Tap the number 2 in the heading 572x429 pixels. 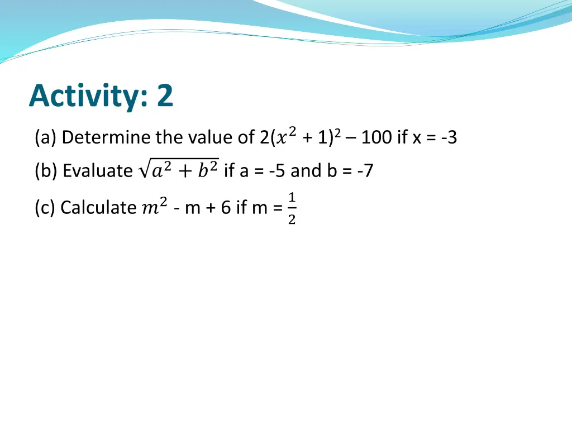[x=165, y=96]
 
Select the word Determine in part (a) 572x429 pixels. [x=106, y=137]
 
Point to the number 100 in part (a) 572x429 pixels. [x=377, y=137]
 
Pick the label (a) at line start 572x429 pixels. [x=45, y=137]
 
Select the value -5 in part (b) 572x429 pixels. [x=278, y=171]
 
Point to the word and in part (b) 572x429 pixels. [x=306, y=171]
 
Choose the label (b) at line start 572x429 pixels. [x=46, y=171]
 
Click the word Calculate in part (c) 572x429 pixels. [x=97, y=208]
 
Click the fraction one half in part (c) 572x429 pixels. [x=292, y=208]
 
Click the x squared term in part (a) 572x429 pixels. [x=287, y=136]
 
